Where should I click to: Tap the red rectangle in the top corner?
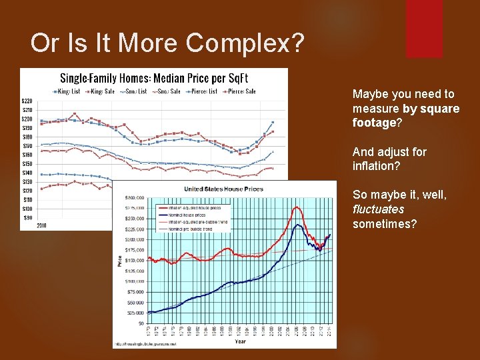(x=425, y=27)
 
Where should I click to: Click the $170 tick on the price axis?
(x=27, y=146)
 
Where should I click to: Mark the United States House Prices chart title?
(x=223, y=189)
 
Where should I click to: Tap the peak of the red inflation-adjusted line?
(x=296, y=207)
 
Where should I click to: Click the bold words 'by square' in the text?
(x=431, y=109)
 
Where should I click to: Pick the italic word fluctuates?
(x=378, y=209)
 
